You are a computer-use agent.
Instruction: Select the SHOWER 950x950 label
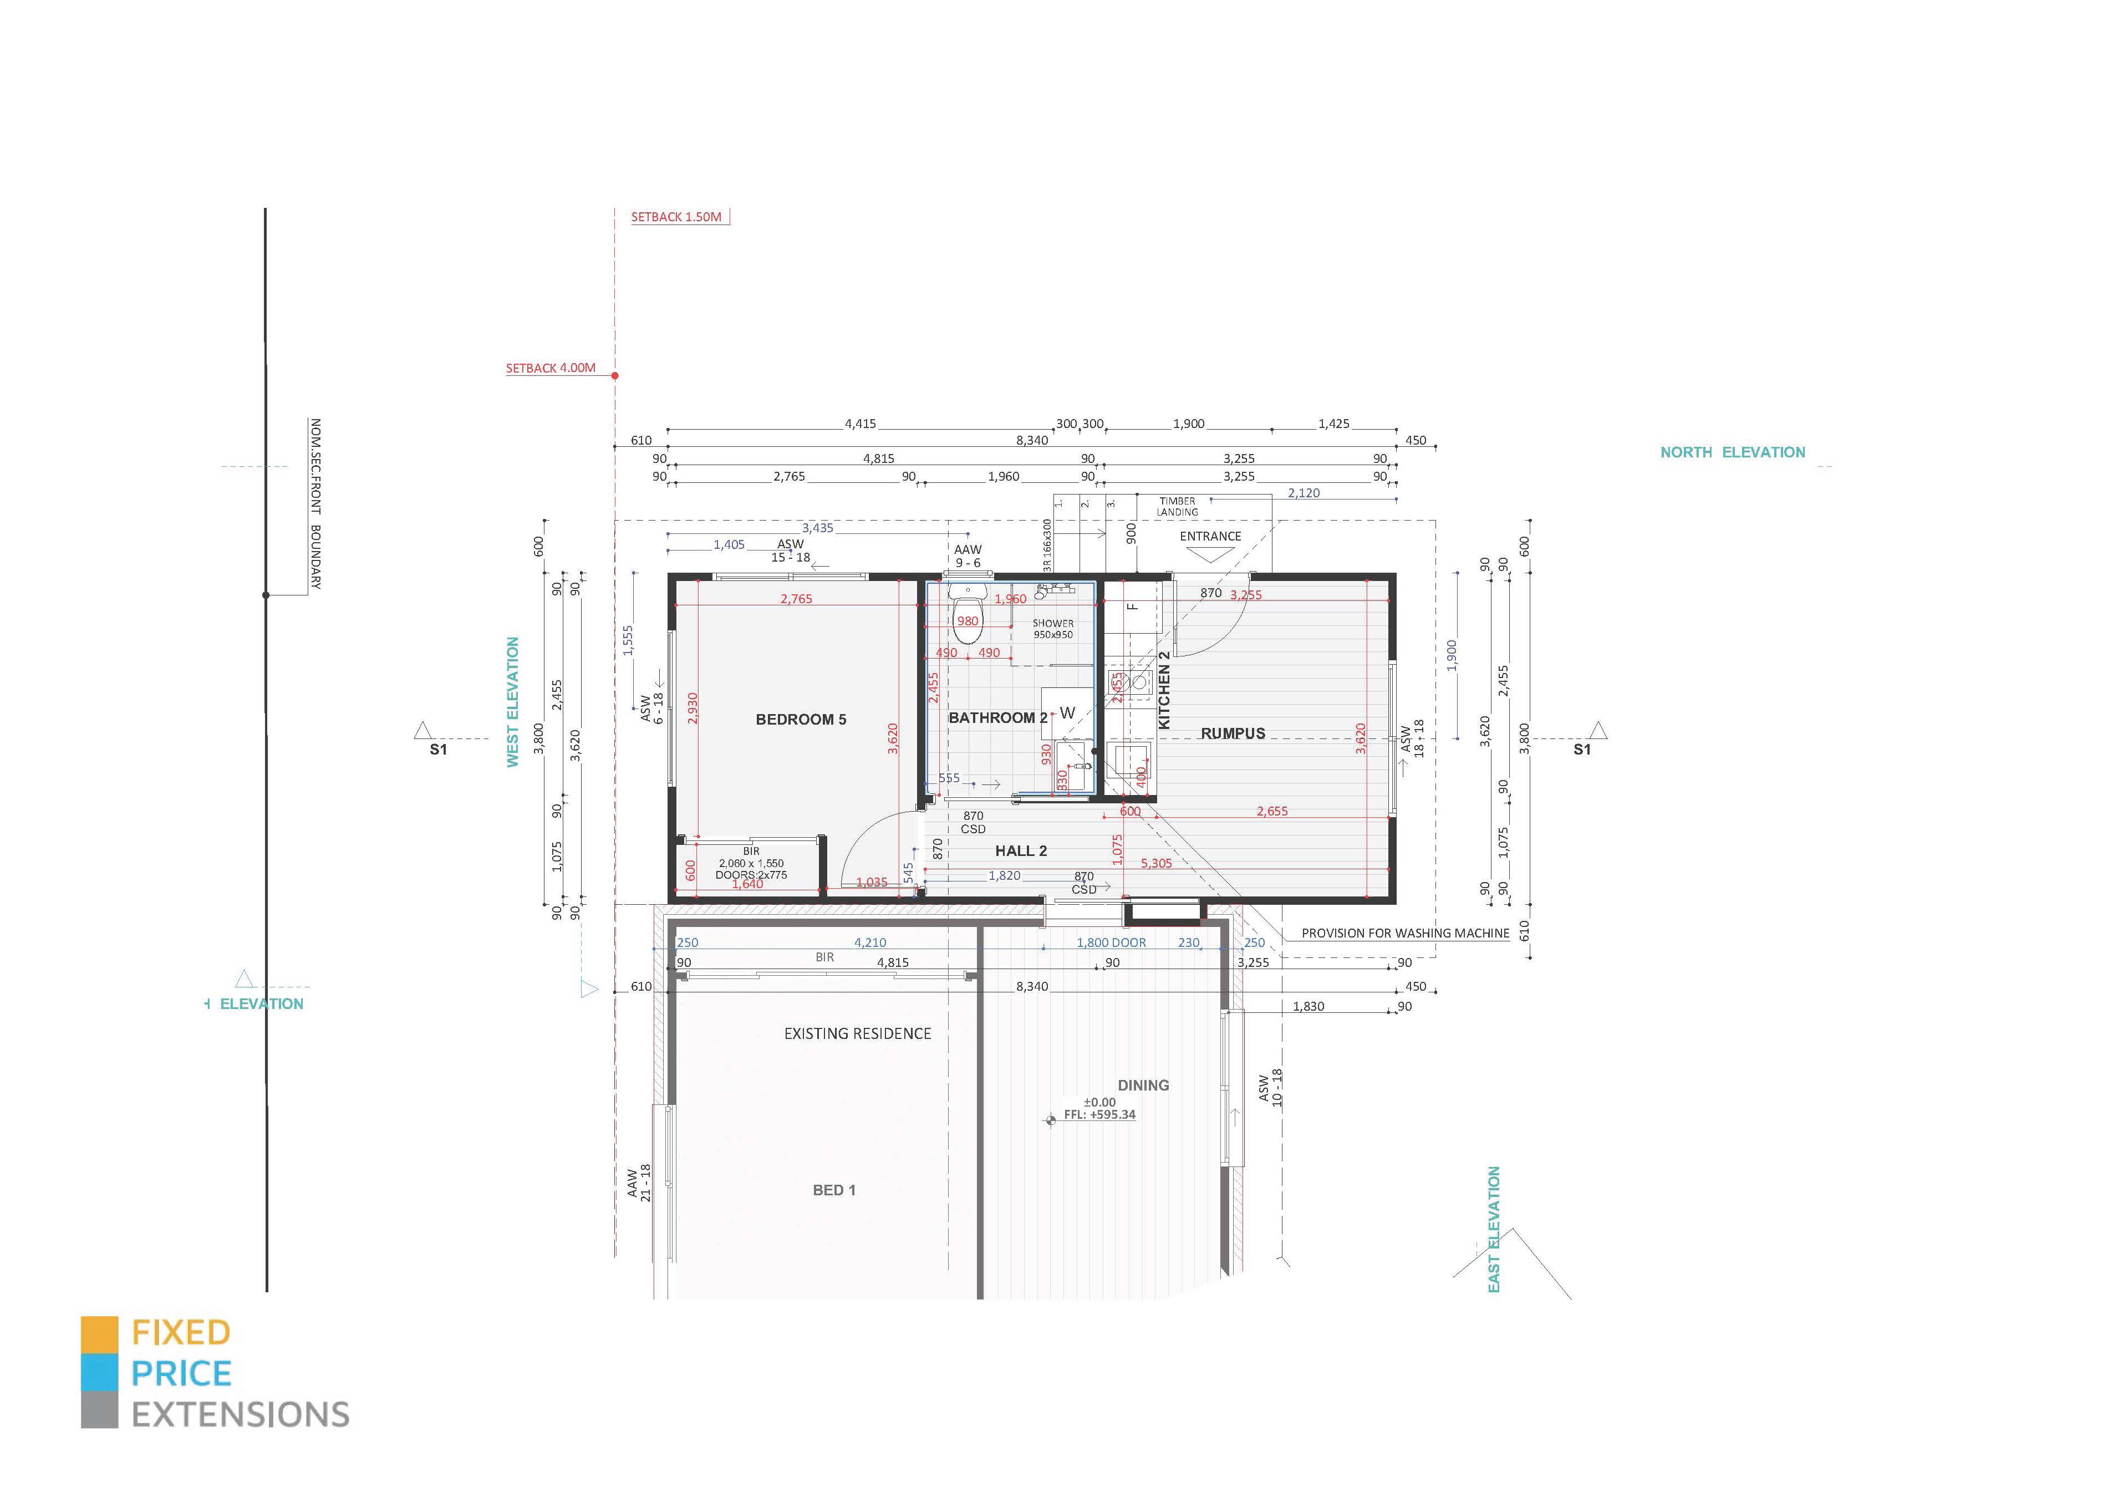point(1052,628)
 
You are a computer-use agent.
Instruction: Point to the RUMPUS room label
point(1233,733)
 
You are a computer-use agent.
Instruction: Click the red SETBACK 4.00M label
point(550,368)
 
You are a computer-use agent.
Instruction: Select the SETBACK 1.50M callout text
point(676,217)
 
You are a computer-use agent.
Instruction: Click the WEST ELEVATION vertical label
point(513,702)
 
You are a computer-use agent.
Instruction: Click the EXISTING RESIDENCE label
point(857,1034)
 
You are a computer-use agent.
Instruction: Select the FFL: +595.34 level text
point(1099,1114)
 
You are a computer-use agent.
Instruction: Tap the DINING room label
point(1143,1086)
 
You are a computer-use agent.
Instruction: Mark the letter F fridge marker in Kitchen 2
point(1134,606)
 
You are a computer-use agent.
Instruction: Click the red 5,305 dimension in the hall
point(1156,863)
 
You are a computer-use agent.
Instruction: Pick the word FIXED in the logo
point(181,1333)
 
